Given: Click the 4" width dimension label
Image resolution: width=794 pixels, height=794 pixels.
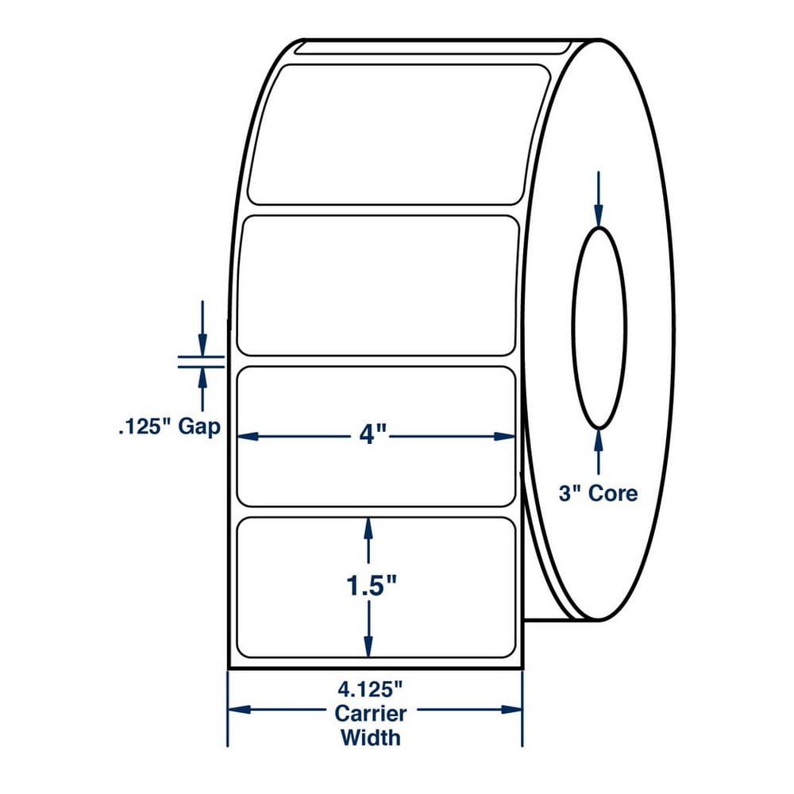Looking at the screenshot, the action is click(372, 435).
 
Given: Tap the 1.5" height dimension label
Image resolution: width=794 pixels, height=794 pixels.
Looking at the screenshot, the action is click(371, 587).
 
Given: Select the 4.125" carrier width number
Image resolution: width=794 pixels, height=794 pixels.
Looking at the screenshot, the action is click(370, 689).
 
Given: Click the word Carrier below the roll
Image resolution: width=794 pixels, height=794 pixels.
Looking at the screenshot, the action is click(371, 714).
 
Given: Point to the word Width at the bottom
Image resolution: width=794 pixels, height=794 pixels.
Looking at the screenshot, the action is click(371, 738).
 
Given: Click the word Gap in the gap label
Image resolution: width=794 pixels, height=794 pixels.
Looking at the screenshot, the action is click(199, 428).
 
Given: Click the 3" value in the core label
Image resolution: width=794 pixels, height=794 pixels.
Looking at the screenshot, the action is click(569, 493).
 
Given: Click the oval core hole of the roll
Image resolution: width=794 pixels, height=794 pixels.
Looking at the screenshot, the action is click(572, 328).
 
